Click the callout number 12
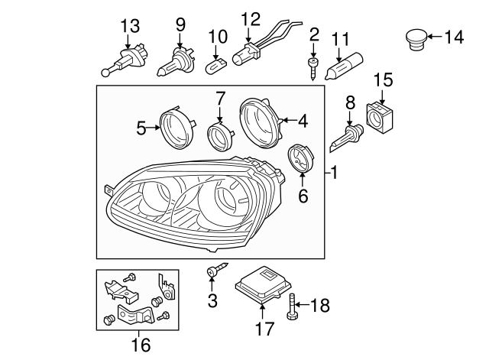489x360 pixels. click(251, 18)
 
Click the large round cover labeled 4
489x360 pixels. click(260, 121)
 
